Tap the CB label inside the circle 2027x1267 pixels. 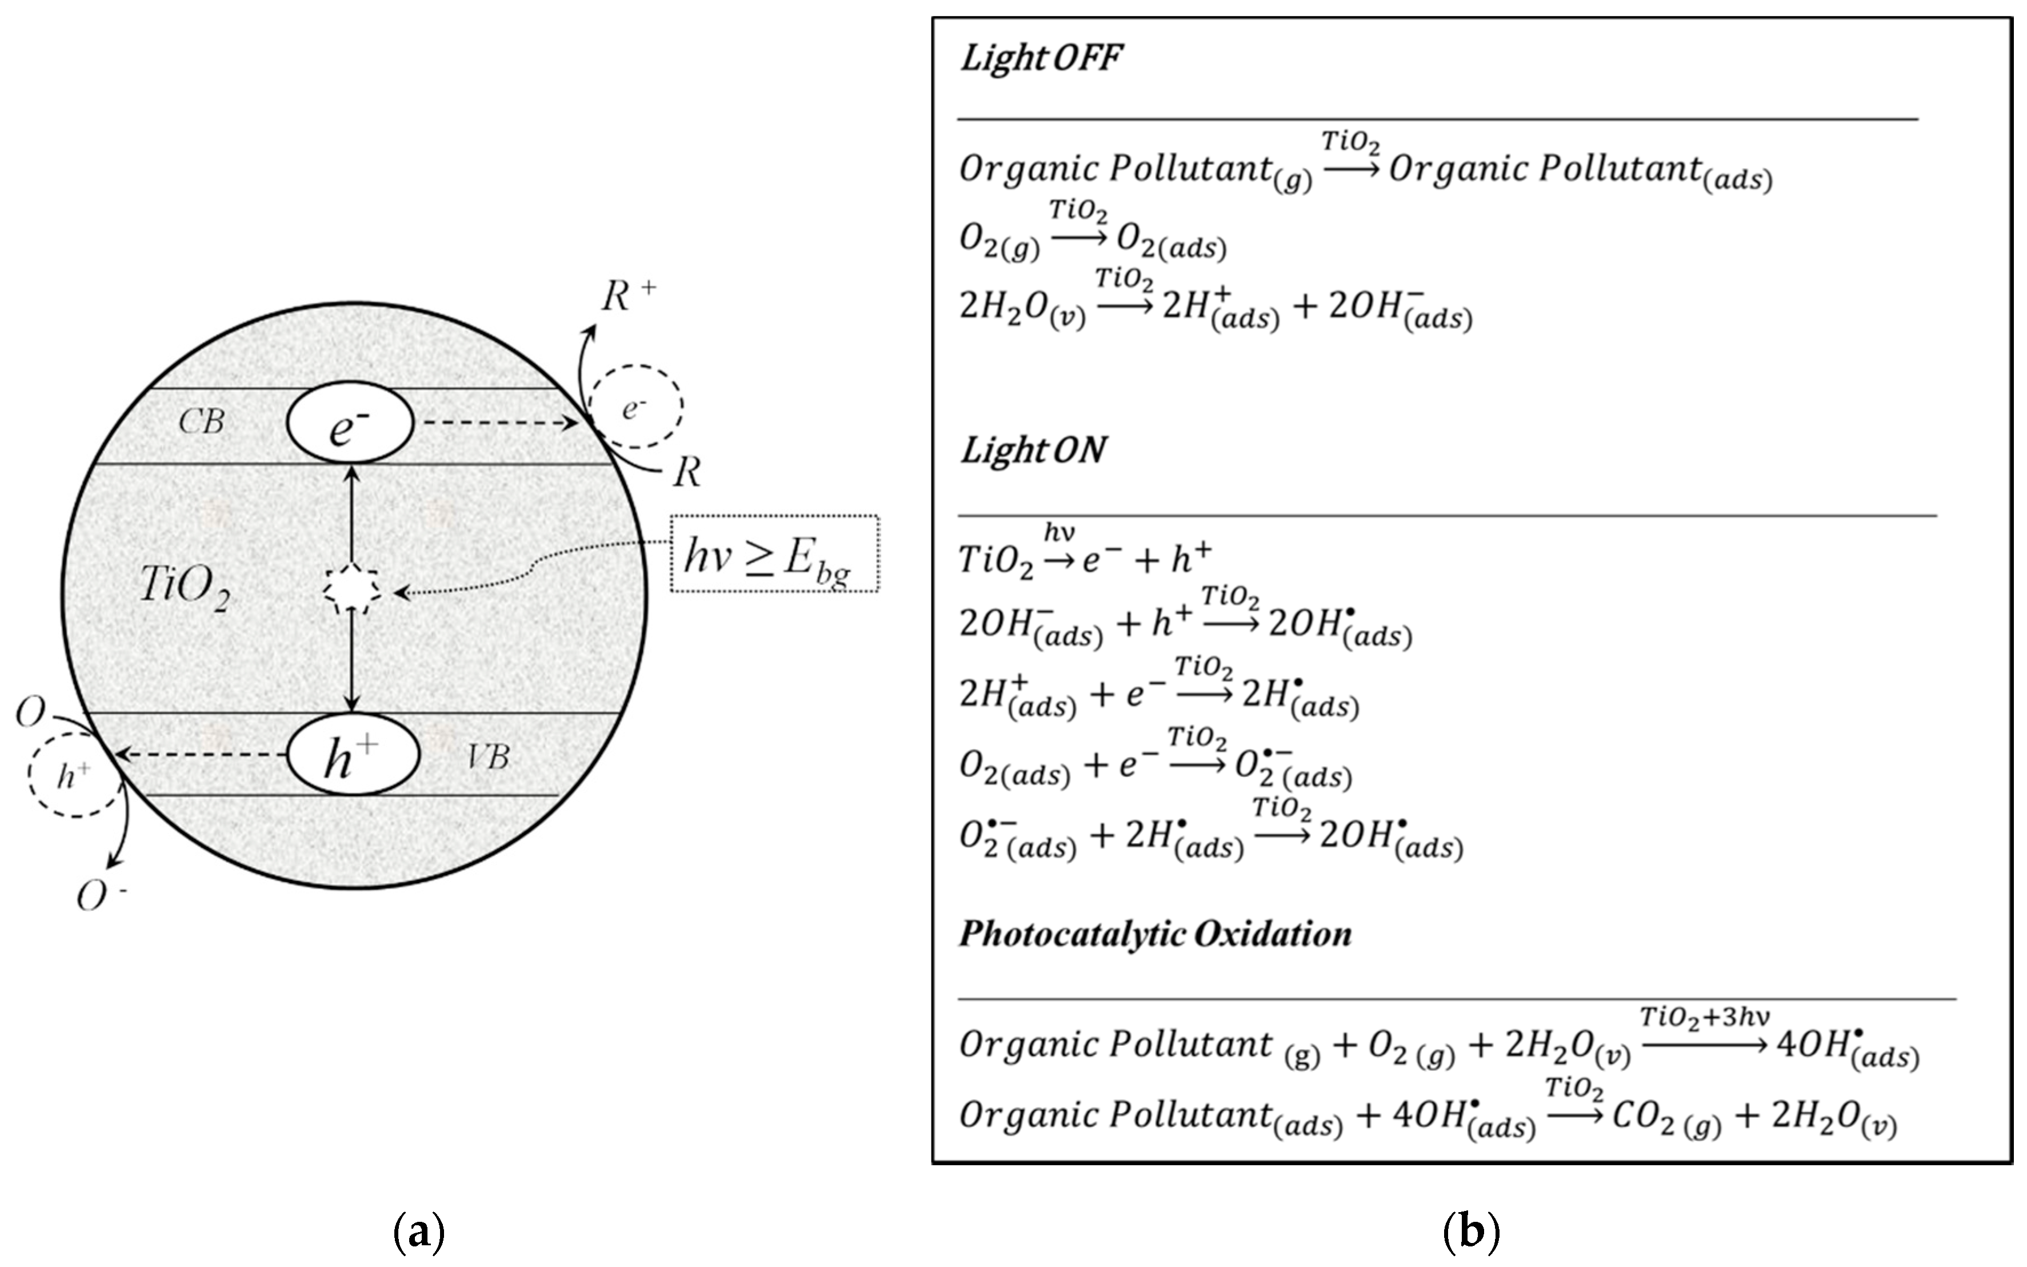(201, 421)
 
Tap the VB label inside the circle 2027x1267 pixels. (487, 758)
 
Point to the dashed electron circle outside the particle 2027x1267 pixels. (635, 405)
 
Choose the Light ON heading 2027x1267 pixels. (1033, 450)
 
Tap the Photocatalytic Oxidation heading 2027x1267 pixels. (1155, 933)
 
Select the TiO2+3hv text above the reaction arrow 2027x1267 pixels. (1704, 1017)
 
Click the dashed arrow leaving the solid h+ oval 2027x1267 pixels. (201, 755)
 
